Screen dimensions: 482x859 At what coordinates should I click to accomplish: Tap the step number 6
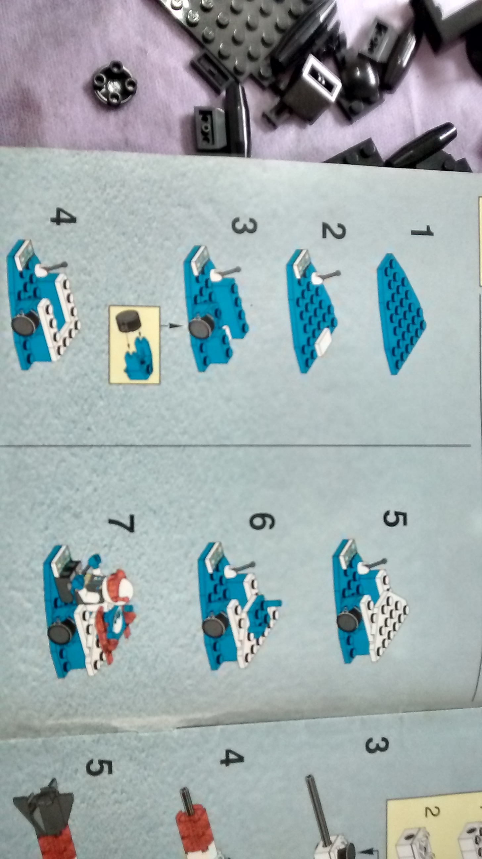point(262,521)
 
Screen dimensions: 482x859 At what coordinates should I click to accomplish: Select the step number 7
point(121,524)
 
